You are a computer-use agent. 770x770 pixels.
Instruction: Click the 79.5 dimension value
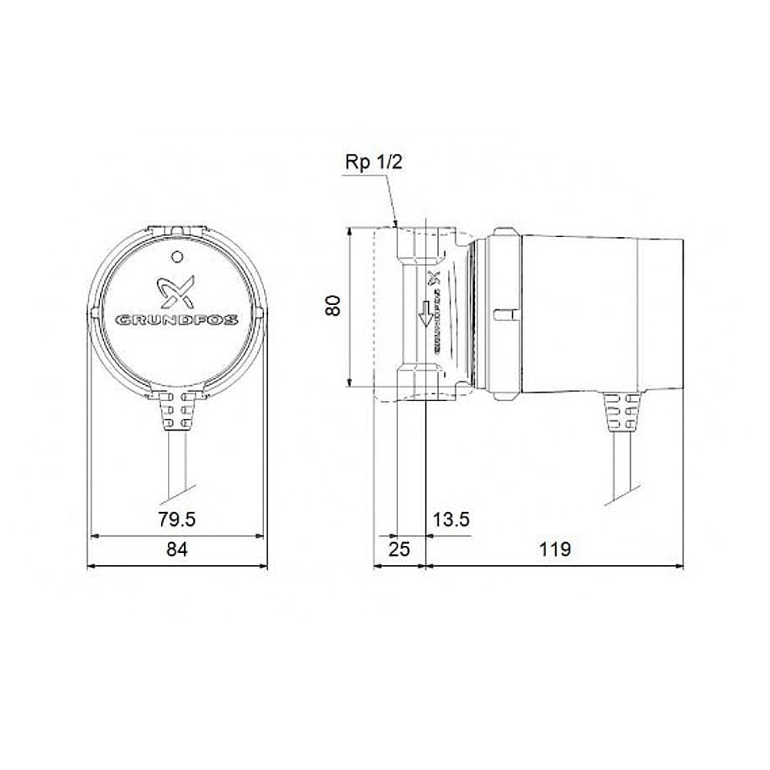[x=177, y=520]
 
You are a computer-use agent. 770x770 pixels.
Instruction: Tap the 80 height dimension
[x=333, y=306]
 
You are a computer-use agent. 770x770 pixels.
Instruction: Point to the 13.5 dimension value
[x=451, y=520]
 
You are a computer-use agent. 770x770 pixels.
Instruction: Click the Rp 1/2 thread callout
[x=373, y=162]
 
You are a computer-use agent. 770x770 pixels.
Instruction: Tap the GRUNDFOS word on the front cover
[x=177, y=319]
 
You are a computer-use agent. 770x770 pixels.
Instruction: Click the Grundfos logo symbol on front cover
[x=177, y=292]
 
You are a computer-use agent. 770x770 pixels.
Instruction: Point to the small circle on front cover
[x=177, y=256]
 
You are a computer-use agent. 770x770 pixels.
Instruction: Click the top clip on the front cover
[x=177, y=230]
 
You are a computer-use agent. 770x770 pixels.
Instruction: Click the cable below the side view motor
[x=622, y=470]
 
